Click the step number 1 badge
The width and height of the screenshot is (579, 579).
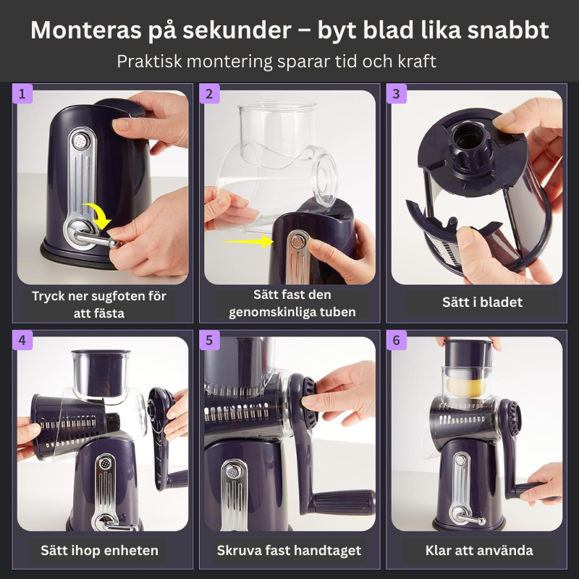22,94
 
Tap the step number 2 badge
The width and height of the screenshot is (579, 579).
209,94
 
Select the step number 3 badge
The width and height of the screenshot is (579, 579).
396,94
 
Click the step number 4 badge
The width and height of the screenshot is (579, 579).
22,340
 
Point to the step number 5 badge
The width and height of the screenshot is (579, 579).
209,340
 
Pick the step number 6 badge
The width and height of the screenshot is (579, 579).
396,340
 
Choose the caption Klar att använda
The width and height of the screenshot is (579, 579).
478,550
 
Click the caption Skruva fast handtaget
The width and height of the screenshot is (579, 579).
289,550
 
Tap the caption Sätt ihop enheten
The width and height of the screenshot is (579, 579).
99,550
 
